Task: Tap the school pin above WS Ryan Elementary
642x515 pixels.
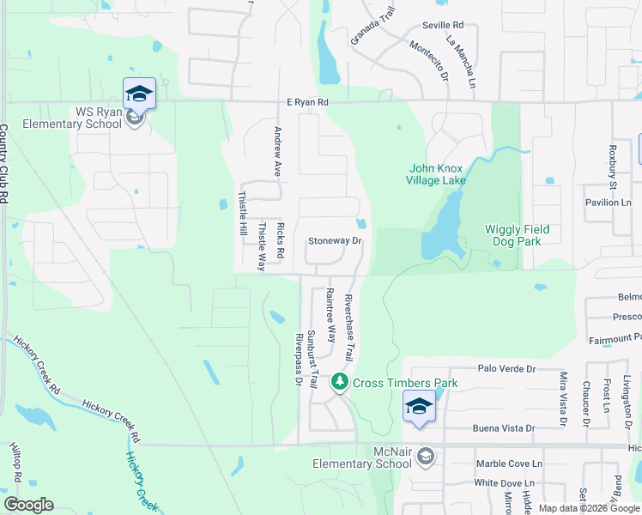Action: coord(139,94)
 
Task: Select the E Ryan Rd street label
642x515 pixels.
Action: coord(308,102)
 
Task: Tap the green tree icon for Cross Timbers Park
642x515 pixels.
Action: coord(341,382)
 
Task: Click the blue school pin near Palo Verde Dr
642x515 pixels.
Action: coord(419,406)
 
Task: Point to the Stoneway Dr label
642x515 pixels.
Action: coord(336,241)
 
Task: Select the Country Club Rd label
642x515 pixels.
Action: coord(4,163)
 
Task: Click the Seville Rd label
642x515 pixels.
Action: coord(442,26)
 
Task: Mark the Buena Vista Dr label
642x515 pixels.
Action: coord(504,427)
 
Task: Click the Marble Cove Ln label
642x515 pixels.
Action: coord(510,463)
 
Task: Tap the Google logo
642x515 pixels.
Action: coord(28,505)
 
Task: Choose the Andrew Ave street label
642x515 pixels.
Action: coord(278,148)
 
